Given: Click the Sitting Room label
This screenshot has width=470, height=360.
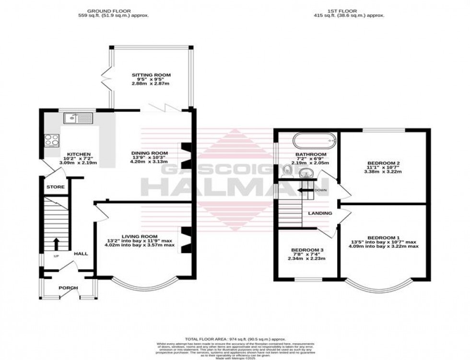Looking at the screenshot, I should coord(151,75).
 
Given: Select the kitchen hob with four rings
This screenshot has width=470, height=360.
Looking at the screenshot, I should coord(51,140).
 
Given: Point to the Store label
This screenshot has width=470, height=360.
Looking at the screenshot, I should coord(55,187).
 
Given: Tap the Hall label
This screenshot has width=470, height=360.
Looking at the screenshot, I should coord(81,253).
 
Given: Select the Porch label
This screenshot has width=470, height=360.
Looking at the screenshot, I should coord(68,288).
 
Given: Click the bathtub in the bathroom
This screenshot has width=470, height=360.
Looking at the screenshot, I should coord(314,141).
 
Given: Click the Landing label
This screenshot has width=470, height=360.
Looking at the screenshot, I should coord(320,213).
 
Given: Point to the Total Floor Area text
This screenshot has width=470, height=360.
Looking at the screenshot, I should coord(235,337).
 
